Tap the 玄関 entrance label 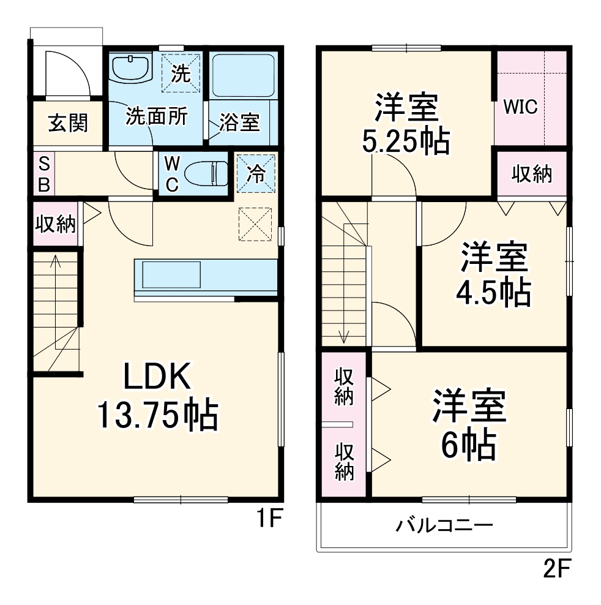click(68, 123)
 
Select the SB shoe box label click(44, 174)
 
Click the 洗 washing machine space click(181, 73)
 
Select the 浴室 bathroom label click(239, 122)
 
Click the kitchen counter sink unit click(171, 275)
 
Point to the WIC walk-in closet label click(520, 107)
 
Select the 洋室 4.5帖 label click(493, 275)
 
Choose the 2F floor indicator click(556, 571)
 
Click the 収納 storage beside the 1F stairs click(54, 224)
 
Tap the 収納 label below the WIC click(531, 174)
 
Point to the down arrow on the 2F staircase click(345, 334)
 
